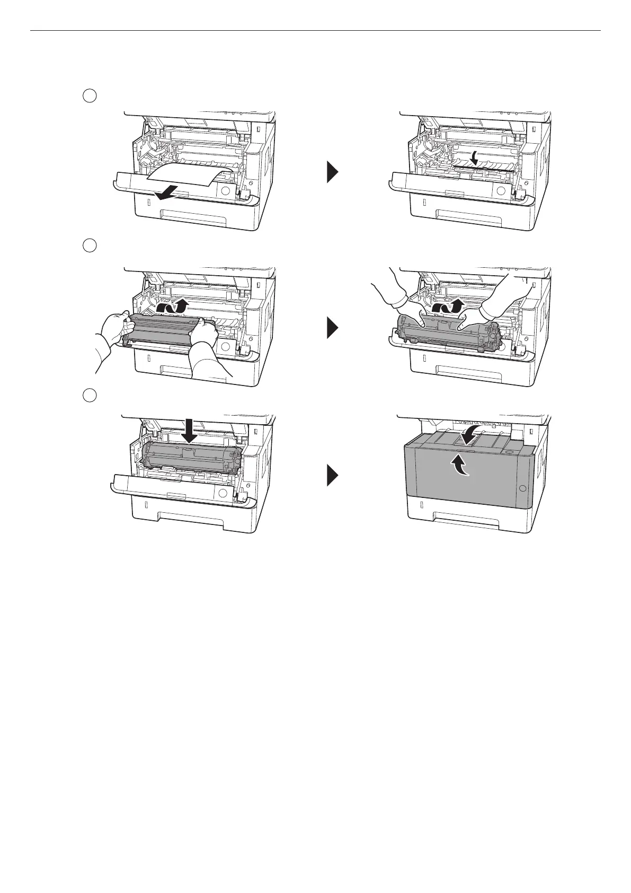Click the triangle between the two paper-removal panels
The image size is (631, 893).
pyautogui.click(x=332, y=172)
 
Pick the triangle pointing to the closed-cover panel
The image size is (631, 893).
pyautogui.click(x=332, y=475)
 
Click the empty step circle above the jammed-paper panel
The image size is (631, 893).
pyautogui.click(x=90, y=96)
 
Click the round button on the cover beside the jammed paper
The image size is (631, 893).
pyautogui.click(x=225, y=191)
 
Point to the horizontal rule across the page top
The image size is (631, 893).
pyautogui.click(x=315, y=30)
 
